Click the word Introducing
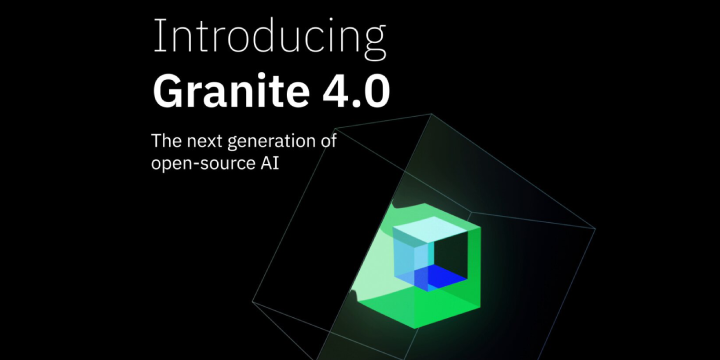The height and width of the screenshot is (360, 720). pyautogui.click(x=269, y=38)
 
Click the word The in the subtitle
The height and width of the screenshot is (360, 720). pyautogui.click(x=166, y=140)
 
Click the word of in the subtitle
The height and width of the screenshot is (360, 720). pyautogui.click(x=329, y=140)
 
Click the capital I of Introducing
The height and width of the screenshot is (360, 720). pyautogui.click(x=157, y=37)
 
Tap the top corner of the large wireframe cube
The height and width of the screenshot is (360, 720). pyautogui.click(x=433, y=114)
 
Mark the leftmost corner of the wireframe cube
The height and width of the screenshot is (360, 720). pyautogui.click(x=252, y=301)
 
